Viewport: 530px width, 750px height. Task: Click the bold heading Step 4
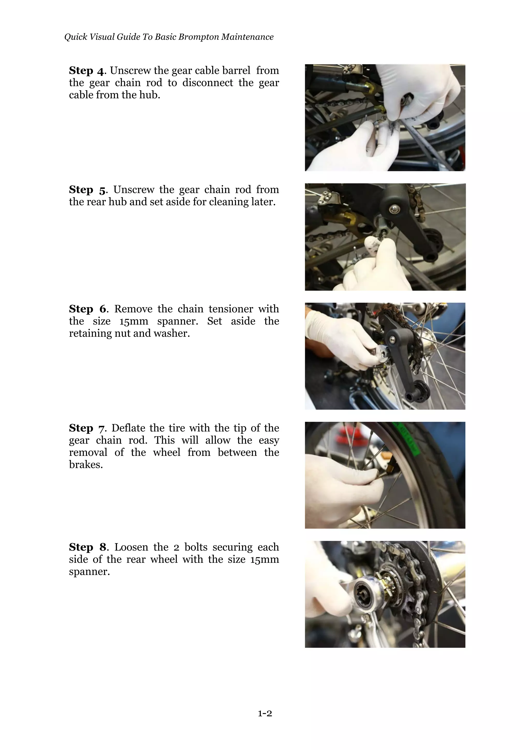pyautogui.click(x=86, y=70)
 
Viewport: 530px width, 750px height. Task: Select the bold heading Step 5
pyautogui.click(x=87, y=190)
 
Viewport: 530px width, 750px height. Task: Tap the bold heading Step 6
pyautogui.click(x=87, y=309)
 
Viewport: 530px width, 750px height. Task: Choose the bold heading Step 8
pyautogui.click(x=87, y=547)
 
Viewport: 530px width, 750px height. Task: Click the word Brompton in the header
pyautogui.click(x=198, y=37)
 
